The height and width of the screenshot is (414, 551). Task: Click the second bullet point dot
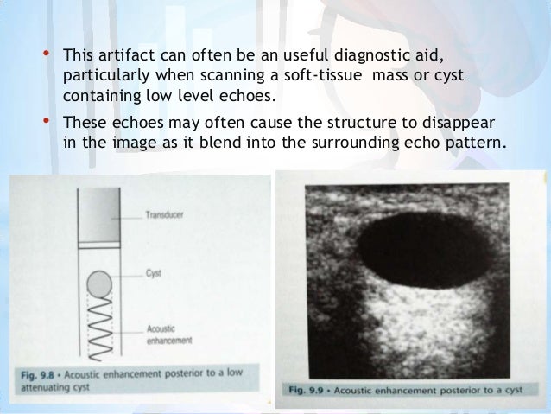click(45, 123)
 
